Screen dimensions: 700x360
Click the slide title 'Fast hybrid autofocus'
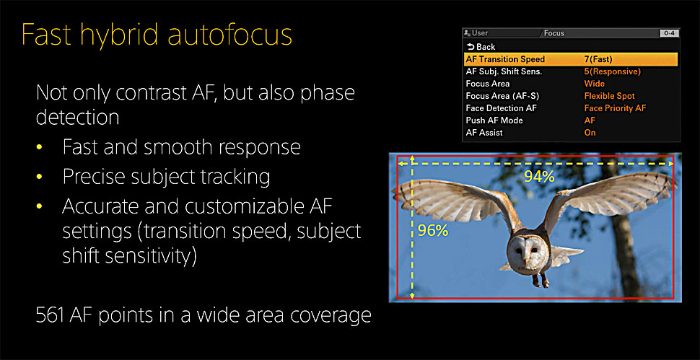[157, 35]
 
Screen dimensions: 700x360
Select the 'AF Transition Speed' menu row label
[505, 59]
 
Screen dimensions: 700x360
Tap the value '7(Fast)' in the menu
[598, 59]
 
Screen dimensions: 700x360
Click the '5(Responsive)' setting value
[613, 71]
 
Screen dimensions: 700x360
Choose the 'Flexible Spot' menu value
[609, 96]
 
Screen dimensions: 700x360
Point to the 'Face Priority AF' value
[615, 108]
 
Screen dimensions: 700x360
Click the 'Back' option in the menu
[481, 47]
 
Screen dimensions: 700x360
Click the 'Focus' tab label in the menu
[554, 33]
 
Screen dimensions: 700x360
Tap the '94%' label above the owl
[539, 177]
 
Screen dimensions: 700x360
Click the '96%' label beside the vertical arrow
[432, 230]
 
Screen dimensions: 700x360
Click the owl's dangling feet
[541, 280]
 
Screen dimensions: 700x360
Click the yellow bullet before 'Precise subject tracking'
[39, 177]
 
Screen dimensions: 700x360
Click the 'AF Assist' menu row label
[484, 133]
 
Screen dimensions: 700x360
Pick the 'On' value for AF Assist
[590, 133]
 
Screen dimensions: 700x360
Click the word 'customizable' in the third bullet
[235, 207]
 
